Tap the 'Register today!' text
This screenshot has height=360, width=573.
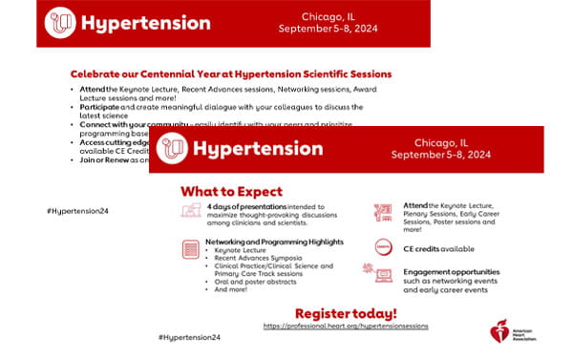pos(346,312)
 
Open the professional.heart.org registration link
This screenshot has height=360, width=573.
pos(346,326)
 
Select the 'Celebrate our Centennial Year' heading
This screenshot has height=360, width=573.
pos(230,73)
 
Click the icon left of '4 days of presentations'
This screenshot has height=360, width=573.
pos(190,212)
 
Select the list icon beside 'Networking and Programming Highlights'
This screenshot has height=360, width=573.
pos(190,249)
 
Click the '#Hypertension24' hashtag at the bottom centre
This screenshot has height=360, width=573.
pos(189,338)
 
